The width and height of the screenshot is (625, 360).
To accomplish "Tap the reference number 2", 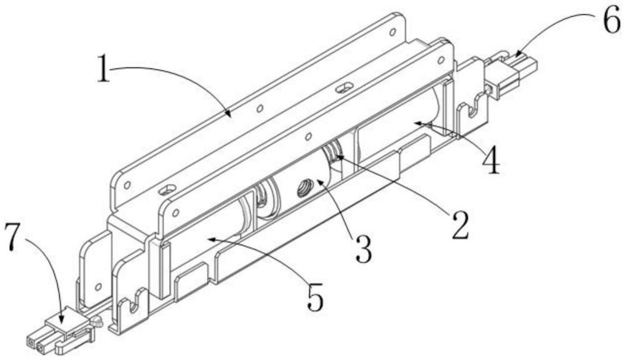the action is [x=460, y=226].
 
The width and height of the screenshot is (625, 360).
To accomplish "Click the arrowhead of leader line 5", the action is [x=209, y=238].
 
